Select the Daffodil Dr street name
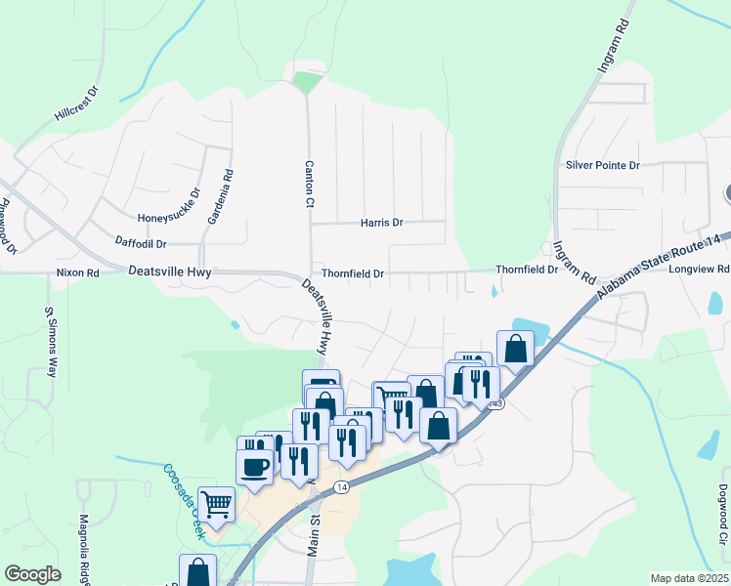point(142,243)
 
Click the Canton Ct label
point(309,183)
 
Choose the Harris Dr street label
point(381,223)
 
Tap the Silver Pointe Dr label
point(602,166)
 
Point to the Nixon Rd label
point(78,274)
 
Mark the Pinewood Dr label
point(9,227)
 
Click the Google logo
point(32,574)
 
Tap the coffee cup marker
point(255,466)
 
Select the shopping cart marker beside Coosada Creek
point(217,504)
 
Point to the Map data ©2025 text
point(689,578)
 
